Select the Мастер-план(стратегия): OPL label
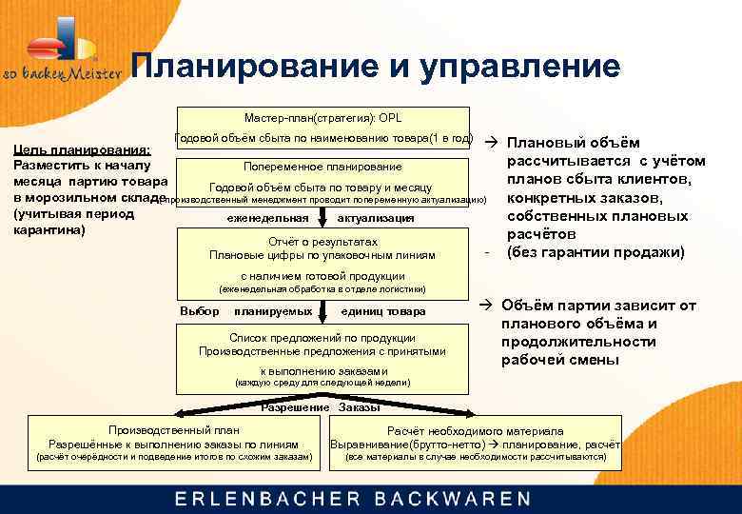point(322,118)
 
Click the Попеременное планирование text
point(322,167)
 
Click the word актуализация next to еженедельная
point(377,218)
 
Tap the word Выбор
point(199,311)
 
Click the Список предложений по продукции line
point(322,338)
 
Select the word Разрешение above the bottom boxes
point(295,407)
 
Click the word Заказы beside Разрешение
point(359,407)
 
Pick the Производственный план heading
point(173,430)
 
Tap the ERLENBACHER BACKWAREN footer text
point(352,498)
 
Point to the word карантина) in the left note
point(47,229)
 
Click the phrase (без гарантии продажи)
point(596,252)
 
